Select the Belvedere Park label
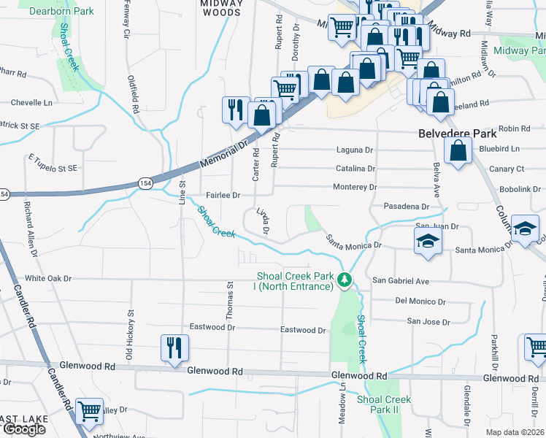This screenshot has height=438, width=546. [458, 134]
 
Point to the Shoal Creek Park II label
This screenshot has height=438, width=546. [384, 404]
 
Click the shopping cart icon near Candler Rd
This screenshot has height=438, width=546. [90, 411]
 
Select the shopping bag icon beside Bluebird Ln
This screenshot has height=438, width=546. [458, 151]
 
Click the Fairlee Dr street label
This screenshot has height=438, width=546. [223, 196]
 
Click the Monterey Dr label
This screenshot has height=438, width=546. [355, 188]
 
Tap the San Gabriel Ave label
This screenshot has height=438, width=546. [401, 280]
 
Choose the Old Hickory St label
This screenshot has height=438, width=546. [131, 325]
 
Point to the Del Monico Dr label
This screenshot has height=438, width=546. [420, 301]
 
